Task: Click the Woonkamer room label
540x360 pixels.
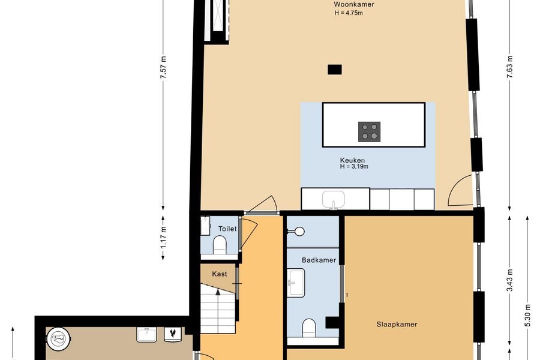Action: tap(354, 4)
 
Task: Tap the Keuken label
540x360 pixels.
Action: tap(352, 160)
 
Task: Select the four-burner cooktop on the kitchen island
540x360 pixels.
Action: tap(369, 131)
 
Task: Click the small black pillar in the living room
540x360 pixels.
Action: tap(334, 70)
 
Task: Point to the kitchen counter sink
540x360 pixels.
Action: tap(334, 200)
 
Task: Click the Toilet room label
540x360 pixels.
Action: tap(227, 229)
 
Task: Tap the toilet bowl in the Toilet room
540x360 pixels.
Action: tap(220, 245)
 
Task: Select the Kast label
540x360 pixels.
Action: tap(220, 274)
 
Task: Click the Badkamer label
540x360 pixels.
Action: tap(319, 260)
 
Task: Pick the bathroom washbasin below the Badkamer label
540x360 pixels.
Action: tap(296, 283)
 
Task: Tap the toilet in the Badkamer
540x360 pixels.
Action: tap(309, 328)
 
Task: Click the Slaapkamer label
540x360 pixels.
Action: tap(397, 324)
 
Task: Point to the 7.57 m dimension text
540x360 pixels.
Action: tap(163, 67)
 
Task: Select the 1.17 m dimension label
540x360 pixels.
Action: tap(163, 237)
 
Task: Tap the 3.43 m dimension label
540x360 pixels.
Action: tap(509, 280)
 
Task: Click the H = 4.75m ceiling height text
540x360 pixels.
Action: tap(349, 13)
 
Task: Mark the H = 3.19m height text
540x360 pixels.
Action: tap(354, 167)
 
